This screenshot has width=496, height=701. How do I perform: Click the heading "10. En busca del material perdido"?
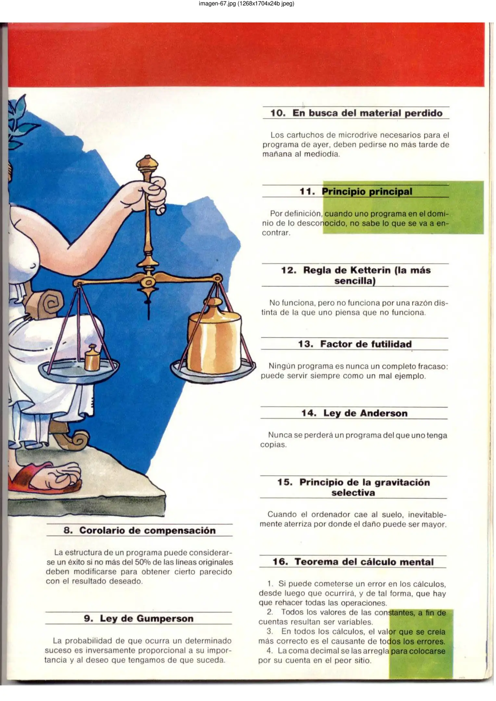(x=356, y=113)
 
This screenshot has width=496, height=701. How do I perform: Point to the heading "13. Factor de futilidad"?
(x=355, y=344)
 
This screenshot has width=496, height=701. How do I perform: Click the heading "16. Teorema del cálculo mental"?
(x=353, y=562)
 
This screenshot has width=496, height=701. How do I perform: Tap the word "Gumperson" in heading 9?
(x=165, y=619)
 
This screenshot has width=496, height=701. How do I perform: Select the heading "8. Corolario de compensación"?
(x=140, y=530)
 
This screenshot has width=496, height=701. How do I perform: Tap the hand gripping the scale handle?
(x=153, y=195)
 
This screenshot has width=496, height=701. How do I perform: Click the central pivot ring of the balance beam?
(x=148, y=282)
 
